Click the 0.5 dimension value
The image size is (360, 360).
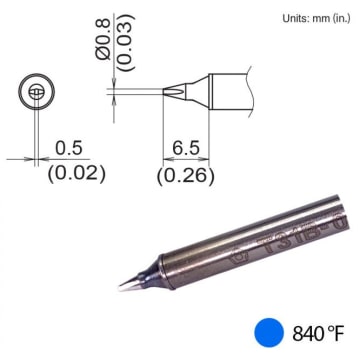click(x=68, y=147)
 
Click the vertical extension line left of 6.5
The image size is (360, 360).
click(x=164, y=130)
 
